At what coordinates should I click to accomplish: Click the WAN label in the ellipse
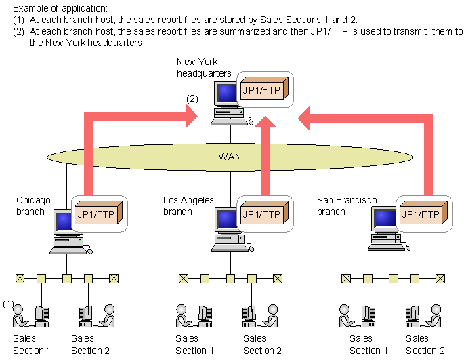click(230, 157)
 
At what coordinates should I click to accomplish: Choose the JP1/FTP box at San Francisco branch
click(423, 214)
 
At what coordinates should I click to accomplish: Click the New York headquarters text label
click(204, 68)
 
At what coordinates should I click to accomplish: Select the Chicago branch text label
click(34, 205)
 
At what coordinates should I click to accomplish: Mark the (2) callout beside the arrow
click(192, 98)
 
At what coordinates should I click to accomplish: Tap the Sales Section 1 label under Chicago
click(33, 344)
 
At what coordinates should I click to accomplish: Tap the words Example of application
click(55, 8)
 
